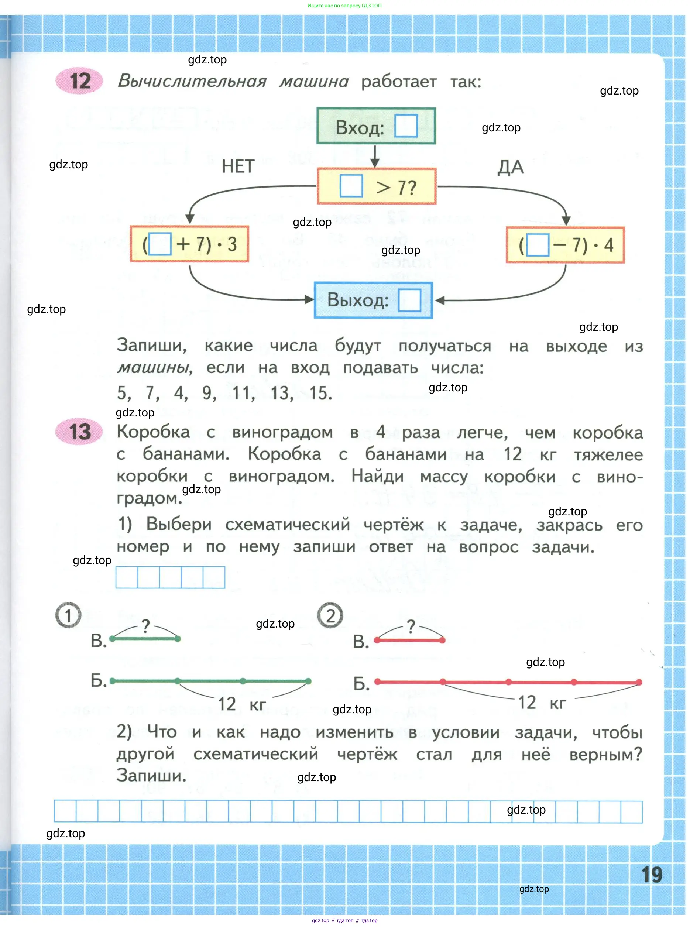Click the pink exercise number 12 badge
(79, 80)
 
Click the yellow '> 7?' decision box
(376, 186)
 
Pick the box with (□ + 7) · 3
(189, 244)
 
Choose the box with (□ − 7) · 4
(565, 245)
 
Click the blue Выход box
(373, 300)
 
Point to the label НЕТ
(238, 166)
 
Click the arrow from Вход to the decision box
(375, 156)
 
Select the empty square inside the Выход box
(409, 300)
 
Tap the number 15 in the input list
(320, 393)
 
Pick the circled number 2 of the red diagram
(330, 615)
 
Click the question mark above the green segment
(145, 626)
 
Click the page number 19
(652, 874)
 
